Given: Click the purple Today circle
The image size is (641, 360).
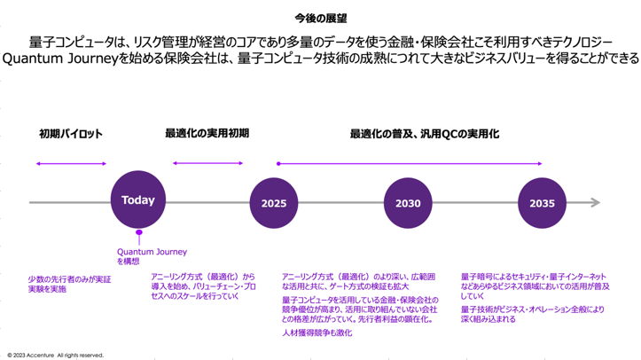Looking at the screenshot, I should coord(138,201).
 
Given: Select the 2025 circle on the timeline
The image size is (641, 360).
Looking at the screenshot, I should coord(273,203).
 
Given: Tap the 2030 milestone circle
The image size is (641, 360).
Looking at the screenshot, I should coord(408,203).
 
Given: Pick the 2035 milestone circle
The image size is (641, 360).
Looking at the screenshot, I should coord(542,203).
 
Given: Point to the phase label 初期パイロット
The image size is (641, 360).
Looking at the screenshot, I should coord(71,134).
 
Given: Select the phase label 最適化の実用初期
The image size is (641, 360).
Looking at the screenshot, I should coord(207,133).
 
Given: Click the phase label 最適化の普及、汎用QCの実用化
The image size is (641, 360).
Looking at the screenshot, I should coord(425,133).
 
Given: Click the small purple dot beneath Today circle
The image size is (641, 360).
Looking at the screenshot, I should coord(138,234).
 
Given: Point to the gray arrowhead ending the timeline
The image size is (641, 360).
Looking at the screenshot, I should coord(596,203).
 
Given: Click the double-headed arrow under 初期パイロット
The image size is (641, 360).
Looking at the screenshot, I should coord(71,163).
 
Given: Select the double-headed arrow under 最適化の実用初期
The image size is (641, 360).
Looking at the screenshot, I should coord(207,163).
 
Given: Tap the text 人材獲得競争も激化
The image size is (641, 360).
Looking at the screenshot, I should coord(317,333).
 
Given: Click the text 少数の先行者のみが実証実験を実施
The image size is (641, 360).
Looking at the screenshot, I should coord(70,284).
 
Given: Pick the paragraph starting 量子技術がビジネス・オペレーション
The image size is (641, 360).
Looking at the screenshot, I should coord(533,314).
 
